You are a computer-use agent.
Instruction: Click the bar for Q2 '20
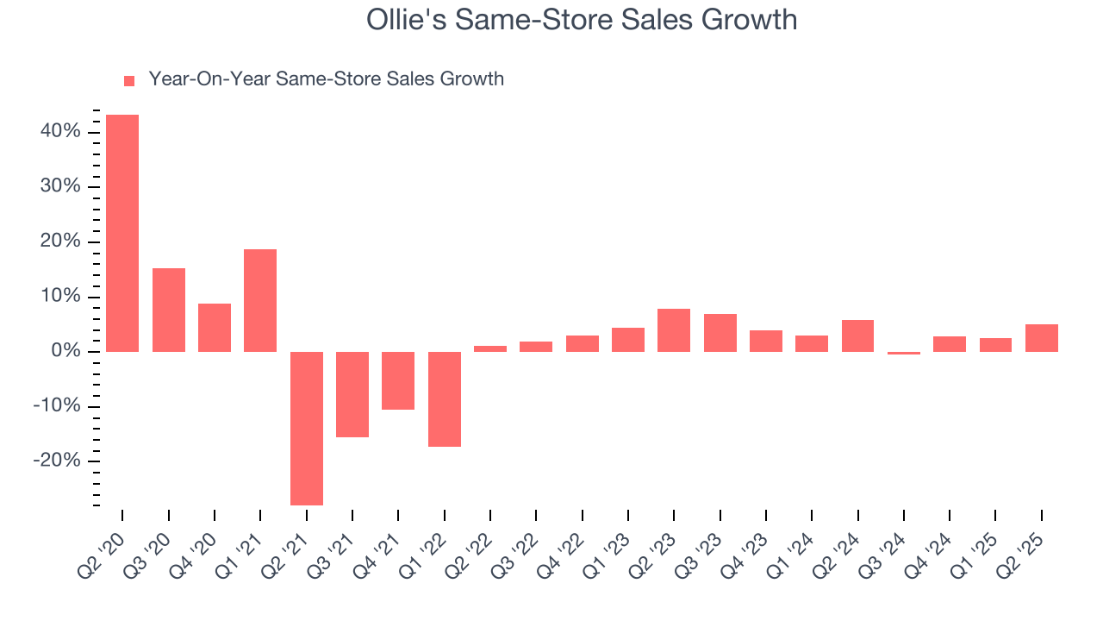point(122,233)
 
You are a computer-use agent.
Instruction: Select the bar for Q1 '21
point(260,300)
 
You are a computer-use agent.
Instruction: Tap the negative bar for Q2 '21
point(306,428)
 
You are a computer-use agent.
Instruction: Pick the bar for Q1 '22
point(444,398)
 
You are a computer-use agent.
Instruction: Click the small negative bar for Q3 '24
point(904,353)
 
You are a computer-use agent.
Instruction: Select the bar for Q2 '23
point(674,329)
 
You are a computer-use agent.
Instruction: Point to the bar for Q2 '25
point(1042,337)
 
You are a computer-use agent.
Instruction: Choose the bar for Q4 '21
point(398,380)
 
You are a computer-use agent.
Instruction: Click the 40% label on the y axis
point(59,132)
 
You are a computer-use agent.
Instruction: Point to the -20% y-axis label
point(57,461)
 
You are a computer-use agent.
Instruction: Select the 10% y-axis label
point(59,297)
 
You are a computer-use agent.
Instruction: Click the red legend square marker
point(129,80)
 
